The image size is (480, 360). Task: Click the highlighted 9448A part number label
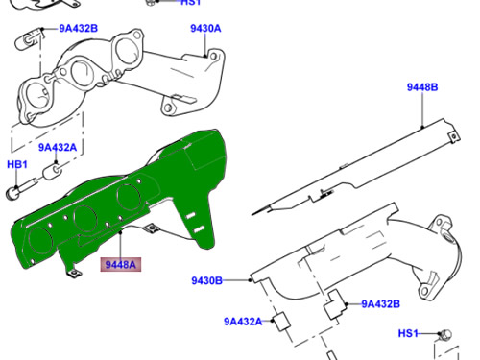point(122,263)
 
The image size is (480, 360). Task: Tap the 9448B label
point(421,87)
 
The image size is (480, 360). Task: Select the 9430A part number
point(205,29)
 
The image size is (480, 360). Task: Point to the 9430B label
point(204,280)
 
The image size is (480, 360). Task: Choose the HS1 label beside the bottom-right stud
point(409,333)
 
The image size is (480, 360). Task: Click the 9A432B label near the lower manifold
point(380,304)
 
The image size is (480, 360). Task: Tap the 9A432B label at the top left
point(79,29)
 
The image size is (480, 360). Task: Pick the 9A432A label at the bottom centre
point(243,322)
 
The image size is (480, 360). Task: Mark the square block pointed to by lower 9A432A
point(281,322)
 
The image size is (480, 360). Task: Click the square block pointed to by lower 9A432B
point(335,309)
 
